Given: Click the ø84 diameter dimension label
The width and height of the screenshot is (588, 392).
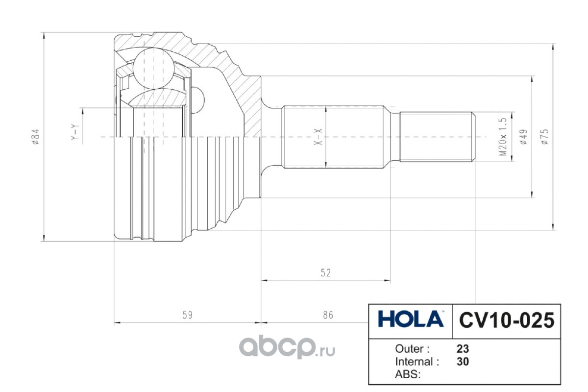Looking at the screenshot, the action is [36, 137].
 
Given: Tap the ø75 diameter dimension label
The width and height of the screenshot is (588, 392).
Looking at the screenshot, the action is [545, 137].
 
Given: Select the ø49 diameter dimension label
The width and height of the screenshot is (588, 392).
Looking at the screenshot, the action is [523, 137].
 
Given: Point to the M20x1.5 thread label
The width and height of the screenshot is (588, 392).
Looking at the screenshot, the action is [503, 137].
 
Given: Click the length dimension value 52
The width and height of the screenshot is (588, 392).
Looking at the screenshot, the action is [326, 273].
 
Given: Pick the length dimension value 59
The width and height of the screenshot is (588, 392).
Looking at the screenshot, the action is [187, 315].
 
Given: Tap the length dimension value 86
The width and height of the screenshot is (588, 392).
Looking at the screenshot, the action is [328, 315].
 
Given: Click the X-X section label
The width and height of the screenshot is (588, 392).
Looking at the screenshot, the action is [318, 137].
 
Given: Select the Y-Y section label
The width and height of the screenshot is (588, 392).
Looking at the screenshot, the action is [75, 132].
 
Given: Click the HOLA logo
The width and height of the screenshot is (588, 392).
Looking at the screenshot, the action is [411, 319].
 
